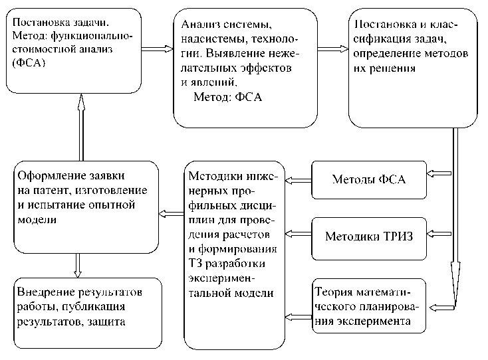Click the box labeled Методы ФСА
click(x=369, y=179)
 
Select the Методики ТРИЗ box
click(x=369, y=235)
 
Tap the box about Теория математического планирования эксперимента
click(x=370, y=306)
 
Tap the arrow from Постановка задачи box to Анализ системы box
click(x=157, y=47)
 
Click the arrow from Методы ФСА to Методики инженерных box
click(x=299, y=177)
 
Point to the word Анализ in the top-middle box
click(x=198, y=25)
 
